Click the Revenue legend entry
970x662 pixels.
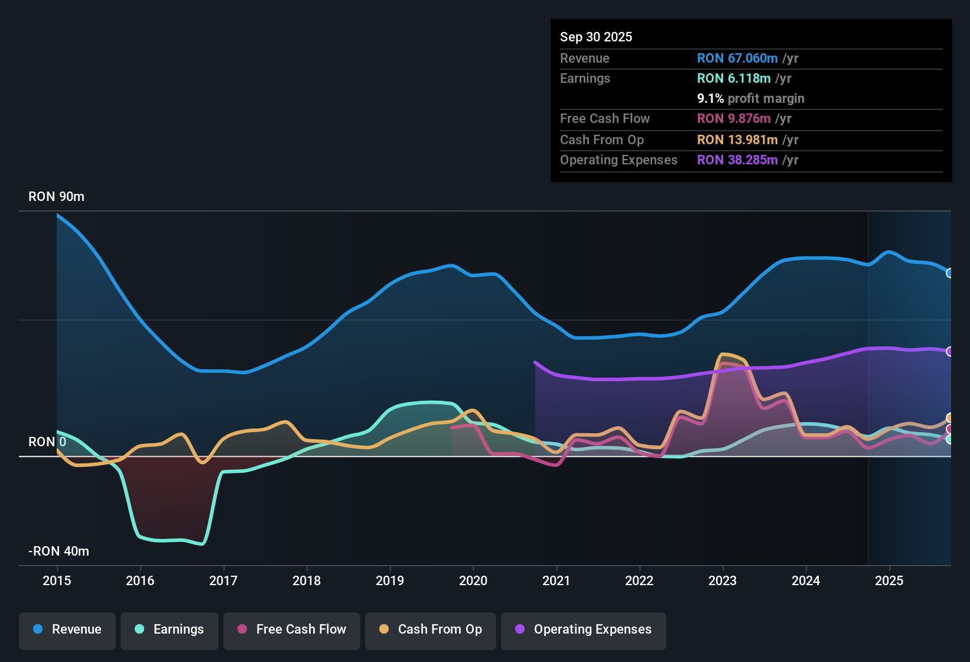(67, 629)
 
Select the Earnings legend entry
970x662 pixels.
(170, 629)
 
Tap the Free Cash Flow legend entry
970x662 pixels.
(292, 629)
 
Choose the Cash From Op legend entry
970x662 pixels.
(431, 629)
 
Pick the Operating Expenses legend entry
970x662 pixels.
(584, 629)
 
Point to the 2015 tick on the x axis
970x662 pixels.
(57, 580)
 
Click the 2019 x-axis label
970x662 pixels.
(390, 580)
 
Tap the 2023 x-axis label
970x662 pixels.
(722, 580)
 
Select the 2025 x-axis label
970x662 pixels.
(889, 580)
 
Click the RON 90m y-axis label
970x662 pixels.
(56, 197)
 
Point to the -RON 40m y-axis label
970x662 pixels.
(58, 551)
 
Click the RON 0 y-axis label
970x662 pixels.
(47, 442)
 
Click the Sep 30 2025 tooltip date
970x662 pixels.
(596, 37)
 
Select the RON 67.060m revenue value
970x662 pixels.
(737, 59)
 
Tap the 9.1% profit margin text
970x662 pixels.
(750, 99)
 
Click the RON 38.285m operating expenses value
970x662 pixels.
(737, 160)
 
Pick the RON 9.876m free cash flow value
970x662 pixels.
(734, 119)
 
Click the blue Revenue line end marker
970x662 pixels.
(950, 273)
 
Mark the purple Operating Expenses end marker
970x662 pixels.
(950, 352)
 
